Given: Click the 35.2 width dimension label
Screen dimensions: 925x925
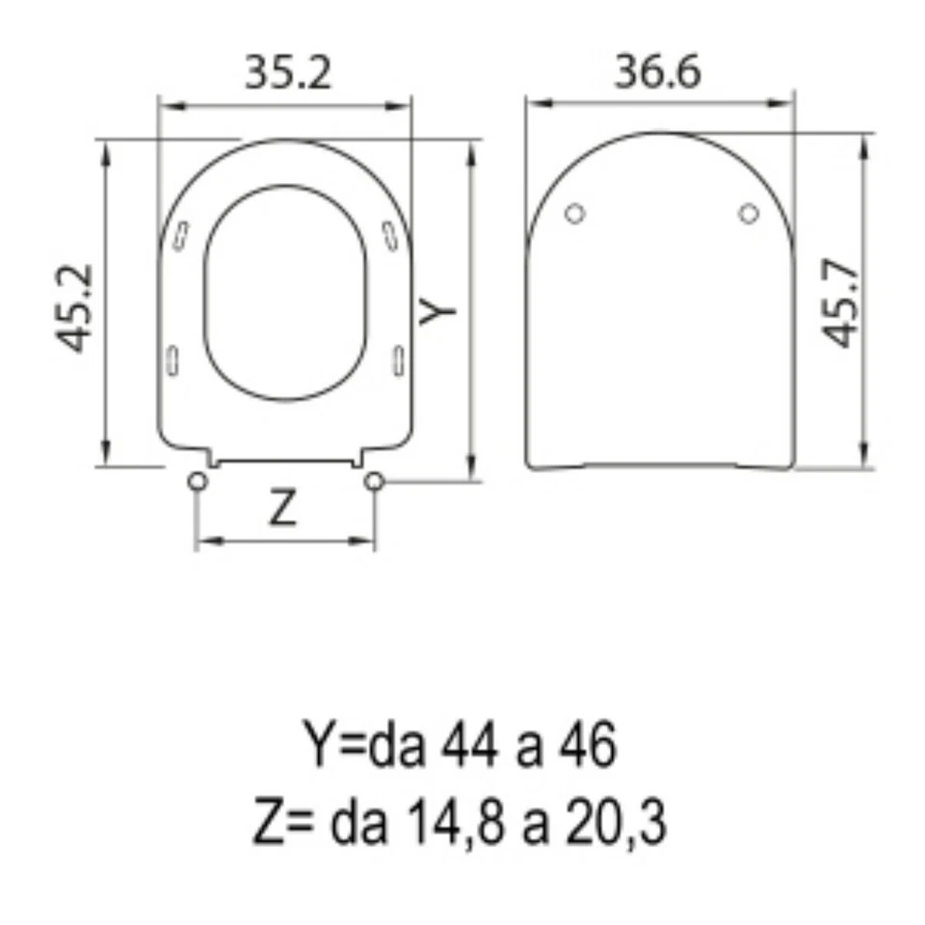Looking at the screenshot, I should tap(287, 73).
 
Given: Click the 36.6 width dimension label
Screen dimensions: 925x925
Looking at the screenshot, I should tap(658, 73).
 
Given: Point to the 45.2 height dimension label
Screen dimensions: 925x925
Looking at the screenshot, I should tap(75, 307).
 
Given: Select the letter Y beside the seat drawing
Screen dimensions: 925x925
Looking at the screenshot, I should tap(438, 308).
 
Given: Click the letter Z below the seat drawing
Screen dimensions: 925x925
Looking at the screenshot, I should tap(281, 508).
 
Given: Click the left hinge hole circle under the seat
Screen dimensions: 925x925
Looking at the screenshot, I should tap(197, 481).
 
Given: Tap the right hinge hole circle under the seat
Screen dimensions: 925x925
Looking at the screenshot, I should tap(374, 481).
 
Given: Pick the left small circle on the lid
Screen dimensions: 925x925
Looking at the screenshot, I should tap(574, 213).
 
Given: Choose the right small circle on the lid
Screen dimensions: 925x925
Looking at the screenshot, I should tap(749, 213).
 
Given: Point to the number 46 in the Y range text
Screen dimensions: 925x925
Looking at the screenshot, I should tap(587, 747).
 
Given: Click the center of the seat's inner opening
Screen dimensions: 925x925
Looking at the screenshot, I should tap(286, 292).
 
